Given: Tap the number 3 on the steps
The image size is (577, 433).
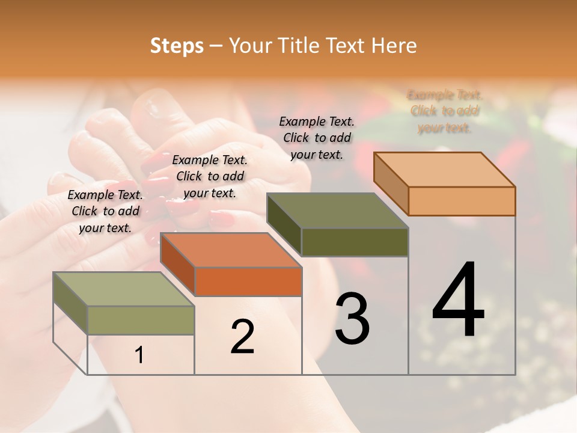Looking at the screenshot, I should coord(352,318).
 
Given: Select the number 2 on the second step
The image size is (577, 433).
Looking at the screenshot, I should coord(242,336).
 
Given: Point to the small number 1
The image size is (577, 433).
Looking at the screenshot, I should coord(139,355).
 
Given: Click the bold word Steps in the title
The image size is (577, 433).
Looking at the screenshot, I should coord(177,46).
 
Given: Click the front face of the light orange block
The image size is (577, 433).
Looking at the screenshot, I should coord(462,201).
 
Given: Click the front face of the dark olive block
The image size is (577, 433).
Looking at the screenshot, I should coord(355,242).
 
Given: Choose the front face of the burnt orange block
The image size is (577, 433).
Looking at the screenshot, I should coord(248,281).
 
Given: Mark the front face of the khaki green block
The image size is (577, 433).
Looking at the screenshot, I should coord(141,320).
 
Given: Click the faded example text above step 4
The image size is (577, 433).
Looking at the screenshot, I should coord(445,111).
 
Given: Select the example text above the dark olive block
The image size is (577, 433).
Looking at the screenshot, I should coord(317,138).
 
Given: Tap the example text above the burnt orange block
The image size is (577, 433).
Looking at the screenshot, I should coord(210,176).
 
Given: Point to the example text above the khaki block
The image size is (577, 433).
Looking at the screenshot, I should coord(105,211).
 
